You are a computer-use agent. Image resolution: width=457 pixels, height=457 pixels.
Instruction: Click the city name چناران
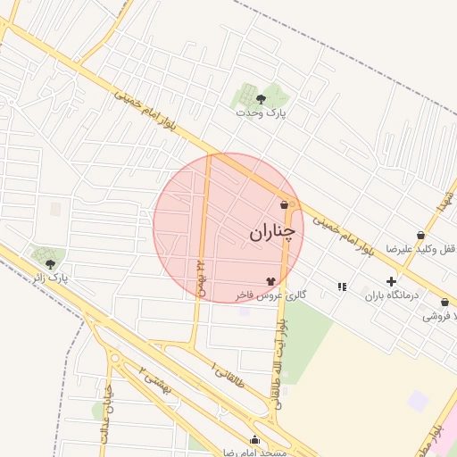coord(270,233)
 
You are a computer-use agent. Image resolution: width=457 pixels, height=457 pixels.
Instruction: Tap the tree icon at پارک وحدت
coord(261,99)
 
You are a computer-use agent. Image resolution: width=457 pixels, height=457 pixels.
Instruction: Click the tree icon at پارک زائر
coord(50,264)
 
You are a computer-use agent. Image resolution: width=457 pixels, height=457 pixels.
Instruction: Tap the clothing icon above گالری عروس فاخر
coord(270,280)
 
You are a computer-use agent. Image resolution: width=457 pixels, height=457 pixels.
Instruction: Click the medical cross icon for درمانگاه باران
coord(390,281)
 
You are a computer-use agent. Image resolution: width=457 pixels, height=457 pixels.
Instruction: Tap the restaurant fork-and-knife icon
coord(342,287)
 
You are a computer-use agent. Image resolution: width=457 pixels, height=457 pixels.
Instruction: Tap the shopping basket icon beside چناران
coord(285,204)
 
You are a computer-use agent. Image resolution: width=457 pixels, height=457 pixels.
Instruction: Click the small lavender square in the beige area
coord(418,400)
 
